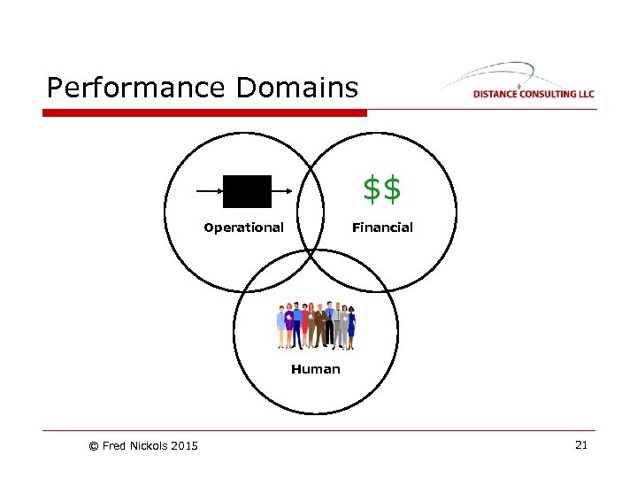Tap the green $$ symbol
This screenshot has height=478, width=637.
[x=382, y=188]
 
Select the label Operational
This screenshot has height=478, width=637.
[x=243, y=227]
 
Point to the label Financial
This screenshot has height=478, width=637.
[x=382, y=227]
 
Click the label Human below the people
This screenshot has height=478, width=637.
[x=315, y=369]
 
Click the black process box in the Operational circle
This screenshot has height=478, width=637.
[x=247, y=190]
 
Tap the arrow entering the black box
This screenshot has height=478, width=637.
[x=209, y=190]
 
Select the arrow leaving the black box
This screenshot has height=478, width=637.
[x=283, y=190]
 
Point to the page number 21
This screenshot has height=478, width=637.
[x=581, y=444]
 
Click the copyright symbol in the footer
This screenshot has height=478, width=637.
[x=94, y=445]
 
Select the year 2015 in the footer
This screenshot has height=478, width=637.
[x=184, y=445]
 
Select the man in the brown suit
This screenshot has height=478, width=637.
[x=319, y=326]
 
